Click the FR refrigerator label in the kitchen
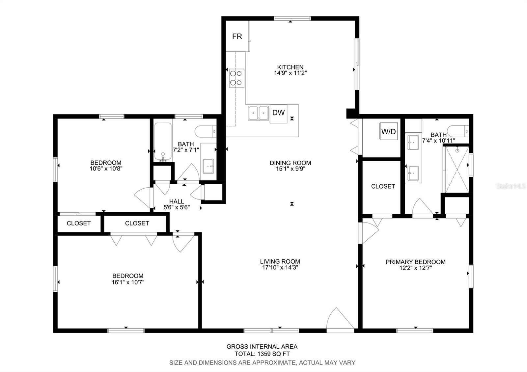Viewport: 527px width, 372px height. [x=237, y=37]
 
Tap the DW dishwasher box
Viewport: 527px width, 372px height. [x=278, y=114]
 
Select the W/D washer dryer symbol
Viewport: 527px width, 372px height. [x=388, y=131]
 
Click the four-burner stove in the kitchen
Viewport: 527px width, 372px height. [x=236, y=78]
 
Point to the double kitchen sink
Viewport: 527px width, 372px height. [x=258, y=113]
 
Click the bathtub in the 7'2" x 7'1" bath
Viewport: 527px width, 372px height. [x=163, y=142]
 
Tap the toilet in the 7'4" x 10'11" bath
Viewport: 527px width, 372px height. [x=458, y=131]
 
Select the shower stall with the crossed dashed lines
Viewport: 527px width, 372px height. [x=456, y=169]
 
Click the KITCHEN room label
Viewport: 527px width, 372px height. [x=290, y=67]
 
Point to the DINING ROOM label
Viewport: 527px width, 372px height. [x=290, y=163]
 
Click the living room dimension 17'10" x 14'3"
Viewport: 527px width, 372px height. [x=280, y=267]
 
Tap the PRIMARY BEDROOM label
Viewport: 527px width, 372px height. [x=415, y=262]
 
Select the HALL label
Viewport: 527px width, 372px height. [x=177, y=201]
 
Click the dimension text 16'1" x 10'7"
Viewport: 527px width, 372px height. [x=128, y=282]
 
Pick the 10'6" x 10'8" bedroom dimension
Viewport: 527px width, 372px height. [x=106, y=168]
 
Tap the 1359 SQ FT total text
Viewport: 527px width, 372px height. [x=274, y=354]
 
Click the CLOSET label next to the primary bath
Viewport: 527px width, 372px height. [x=383, y=186]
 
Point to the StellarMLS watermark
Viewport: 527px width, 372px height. [x=511, y=186]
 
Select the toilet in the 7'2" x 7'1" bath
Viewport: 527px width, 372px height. [x=206, y=131]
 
